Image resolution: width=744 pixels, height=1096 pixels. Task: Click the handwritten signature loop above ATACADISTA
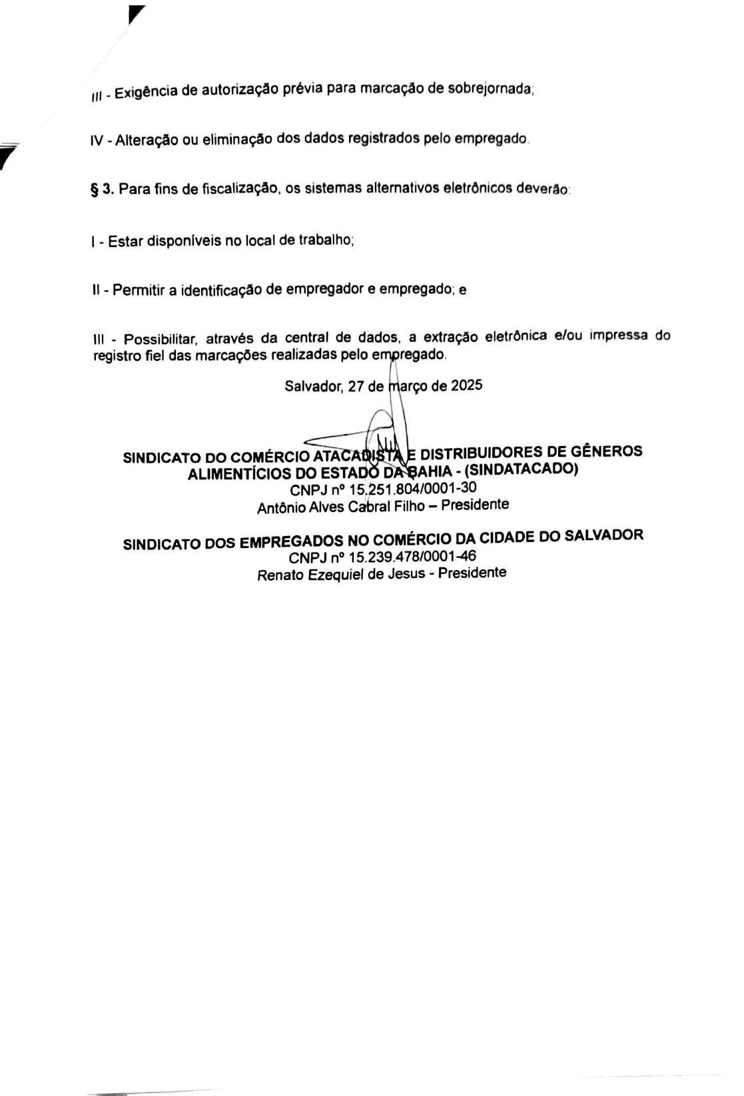383,426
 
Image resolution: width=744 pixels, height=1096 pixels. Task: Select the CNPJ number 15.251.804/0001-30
412,489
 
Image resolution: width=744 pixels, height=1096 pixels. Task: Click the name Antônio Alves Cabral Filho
341,507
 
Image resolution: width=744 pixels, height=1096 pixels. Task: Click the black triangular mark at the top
137,13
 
